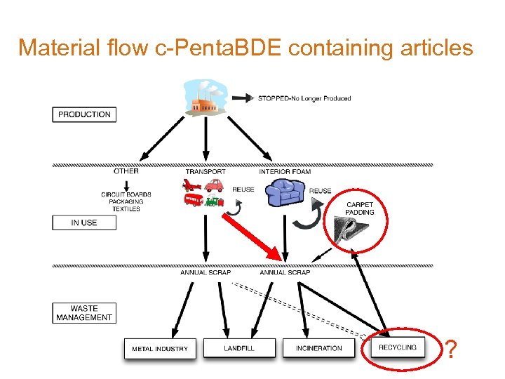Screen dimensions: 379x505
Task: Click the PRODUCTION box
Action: coord(84,114)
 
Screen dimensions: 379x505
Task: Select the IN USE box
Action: coord(84,222)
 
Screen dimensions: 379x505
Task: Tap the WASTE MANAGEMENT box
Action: coord(84,313)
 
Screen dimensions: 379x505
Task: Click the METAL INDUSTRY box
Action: coord(159,348)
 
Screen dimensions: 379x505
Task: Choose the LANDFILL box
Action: coord(238,348)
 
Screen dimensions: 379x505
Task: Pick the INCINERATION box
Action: coord(318,348)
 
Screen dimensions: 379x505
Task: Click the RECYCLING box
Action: coord(397,347)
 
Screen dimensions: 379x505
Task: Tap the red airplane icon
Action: coord(191,185)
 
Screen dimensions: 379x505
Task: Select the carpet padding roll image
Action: coord(354,229)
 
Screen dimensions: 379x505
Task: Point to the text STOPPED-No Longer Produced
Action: coord(304,98)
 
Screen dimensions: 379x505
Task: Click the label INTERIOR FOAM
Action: coord(285,172)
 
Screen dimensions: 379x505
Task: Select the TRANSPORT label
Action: coord(206,172)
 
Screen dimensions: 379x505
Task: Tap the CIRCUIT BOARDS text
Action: coord(126,194)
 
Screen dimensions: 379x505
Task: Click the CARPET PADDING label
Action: coord(360,208)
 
